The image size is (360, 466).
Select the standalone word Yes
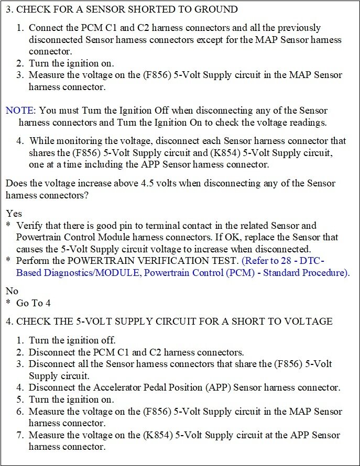coord(14,214)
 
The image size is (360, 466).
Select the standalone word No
coord(12,290)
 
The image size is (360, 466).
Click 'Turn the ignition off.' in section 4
coord(72,340)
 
